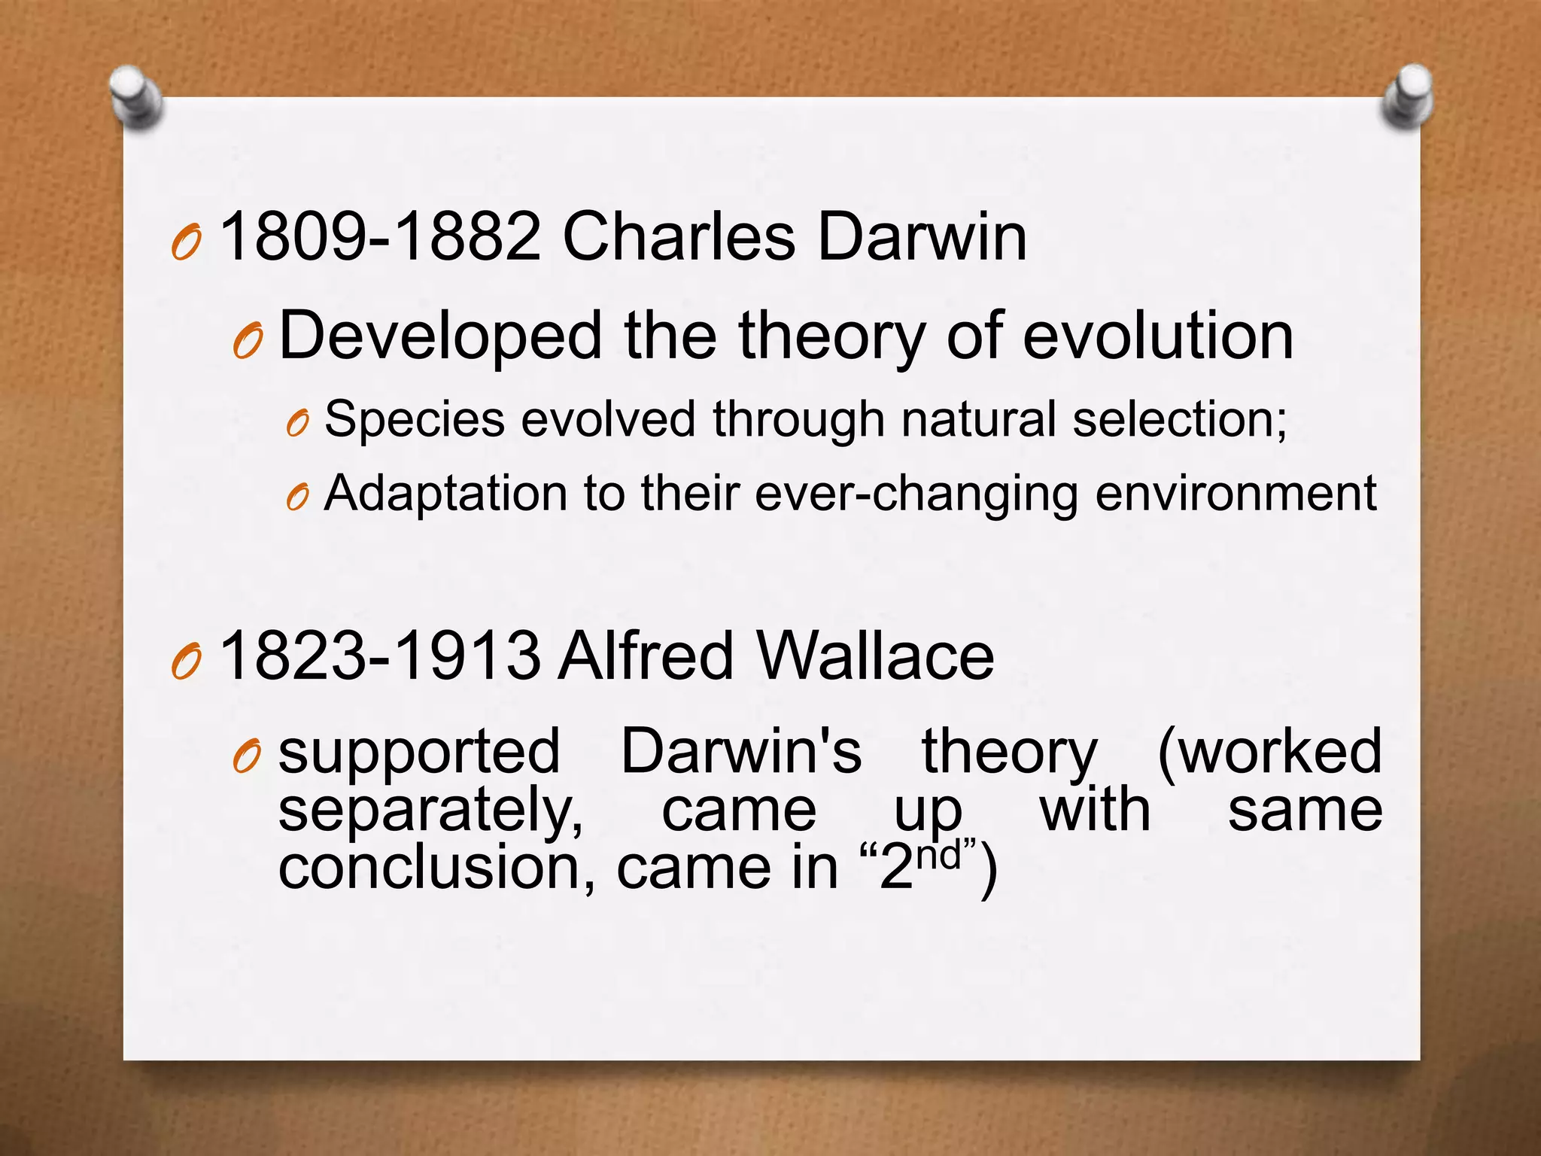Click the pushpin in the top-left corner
coord(136,97)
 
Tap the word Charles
coord(678,237)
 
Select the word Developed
coord(441,336)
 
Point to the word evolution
coord(1158,336)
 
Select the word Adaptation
coord(445,494)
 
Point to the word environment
coord(1236,494)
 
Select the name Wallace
coord(876,656)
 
